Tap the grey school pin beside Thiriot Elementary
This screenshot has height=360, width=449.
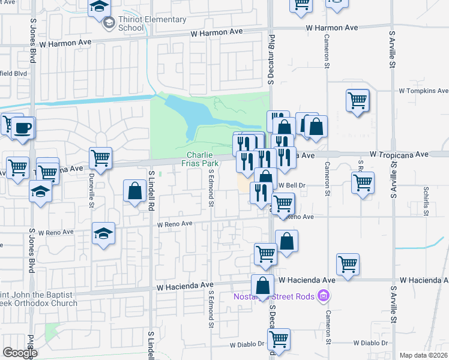pos(109,23)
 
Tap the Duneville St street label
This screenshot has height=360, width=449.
pos(92,192)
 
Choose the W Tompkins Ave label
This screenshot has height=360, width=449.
pos(423,91)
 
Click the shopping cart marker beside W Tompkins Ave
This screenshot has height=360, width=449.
pos(358,100)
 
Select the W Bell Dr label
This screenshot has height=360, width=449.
pos(292,185)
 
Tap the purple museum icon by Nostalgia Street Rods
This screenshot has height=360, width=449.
pos(324,295)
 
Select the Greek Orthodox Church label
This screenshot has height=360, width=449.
pos(38,299)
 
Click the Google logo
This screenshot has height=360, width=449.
pos(19,353)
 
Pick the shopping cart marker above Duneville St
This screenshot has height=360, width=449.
pos(100,158)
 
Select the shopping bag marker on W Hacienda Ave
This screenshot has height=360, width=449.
pos(262,285)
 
